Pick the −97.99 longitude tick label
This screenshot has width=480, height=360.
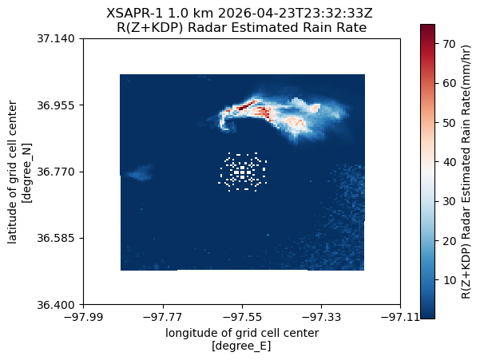(83, 317)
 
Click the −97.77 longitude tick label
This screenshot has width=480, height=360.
(163, 317)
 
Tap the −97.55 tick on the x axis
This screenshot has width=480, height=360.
(242, 317)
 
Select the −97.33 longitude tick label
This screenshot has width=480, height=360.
(321, 317)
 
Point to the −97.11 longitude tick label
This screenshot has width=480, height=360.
(400, 317)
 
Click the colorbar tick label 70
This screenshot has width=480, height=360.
(449, 44)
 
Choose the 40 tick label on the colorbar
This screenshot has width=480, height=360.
(449, 162)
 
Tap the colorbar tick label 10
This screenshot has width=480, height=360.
(449, 280)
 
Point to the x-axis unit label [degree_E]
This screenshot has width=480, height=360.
(241, 346)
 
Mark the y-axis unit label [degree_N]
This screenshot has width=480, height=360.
(27, 172)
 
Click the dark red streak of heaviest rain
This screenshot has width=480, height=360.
(247, 105)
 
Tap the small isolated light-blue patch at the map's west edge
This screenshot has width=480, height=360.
(141, 173)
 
